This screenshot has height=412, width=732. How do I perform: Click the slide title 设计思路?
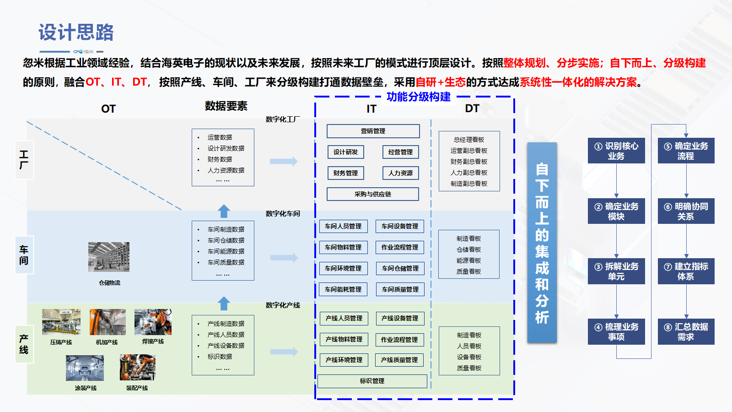click(76, 33)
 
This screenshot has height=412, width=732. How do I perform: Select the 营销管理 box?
click(373, 131)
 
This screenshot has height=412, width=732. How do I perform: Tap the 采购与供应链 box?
click(372, 194)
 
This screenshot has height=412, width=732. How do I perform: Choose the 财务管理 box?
click(345, 173)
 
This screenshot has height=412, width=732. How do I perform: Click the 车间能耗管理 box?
click(343, 289)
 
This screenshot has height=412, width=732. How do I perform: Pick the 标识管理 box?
click(372, 381)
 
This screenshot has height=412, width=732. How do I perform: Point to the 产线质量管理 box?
click(399, 360)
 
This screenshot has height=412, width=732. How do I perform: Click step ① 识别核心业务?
click(616, 151)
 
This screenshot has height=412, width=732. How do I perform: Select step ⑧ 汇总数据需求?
click(686, 332)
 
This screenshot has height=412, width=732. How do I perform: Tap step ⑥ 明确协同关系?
click(686, 211)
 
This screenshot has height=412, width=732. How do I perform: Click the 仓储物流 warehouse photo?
click(109, 257)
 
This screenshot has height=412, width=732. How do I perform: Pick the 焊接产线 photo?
click(153, 322)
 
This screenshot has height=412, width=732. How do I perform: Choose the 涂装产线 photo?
click(85, 368)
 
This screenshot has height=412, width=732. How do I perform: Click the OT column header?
click(108, 109)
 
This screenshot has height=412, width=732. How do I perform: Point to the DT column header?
click(472, 108)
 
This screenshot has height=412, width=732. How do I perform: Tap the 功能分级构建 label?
click(418, 97)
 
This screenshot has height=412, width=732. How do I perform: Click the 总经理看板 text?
click(469, 140)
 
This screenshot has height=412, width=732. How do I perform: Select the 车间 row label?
click(24, 255)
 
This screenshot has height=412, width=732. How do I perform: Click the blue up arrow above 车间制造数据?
click(224, 211)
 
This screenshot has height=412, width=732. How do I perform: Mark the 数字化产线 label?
click(283, 305)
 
